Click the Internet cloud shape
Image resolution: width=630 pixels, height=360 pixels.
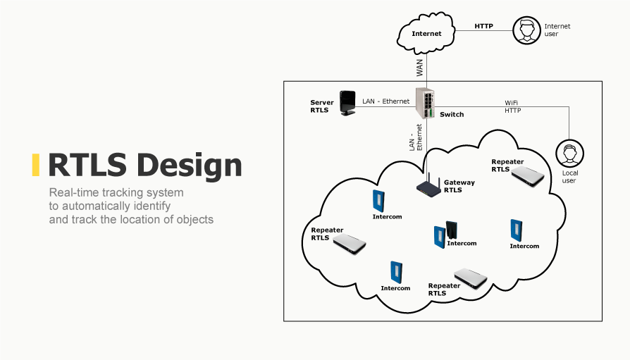click(x=426, y=33)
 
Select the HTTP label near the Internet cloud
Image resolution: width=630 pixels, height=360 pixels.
click(x=483, y=26)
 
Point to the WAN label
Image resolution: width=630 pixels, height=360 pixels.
click(x=420, y=68)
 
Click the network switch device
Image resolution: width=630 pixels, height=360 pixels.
click(x=425, y=103)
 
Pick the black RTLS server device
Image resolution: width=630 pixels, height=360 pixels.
click(x=347, y=103)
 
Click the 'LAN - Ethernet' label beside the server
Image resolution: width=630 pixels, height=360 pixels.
click(x=385, y=101)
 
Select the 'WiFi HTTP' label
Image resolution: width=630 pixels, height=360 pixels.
click(x=512, y=106)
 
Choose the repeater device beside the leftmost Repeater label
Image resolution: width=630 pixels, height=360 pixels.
click(x=350, y=244)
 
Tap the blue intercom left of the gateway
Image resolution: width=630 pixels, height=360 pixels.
click(x=379, y=200)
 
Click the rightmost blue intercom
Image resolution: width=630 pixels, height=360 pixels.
click(x=515, y=230)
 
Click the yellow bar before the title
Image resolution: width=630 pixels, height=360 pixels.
click(x=36, y=164)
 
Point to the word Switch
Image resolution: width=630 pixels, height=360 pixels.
click(x=452, y=114)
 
